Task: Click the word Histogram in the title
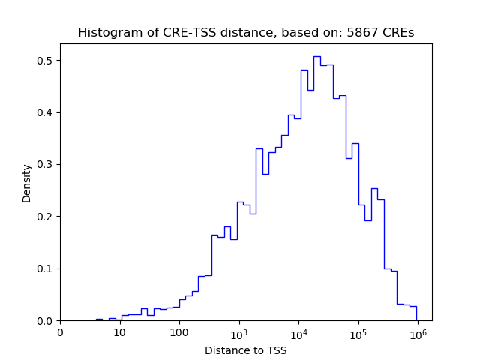pyautogui.click(x=103, y=33)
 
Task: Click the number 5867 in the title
pyautogui.click(x=360, y=33)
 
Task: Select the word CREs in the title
pyautogui.click(x=397, y=33)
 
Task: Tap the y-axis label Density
pyautogui.click(x=27, y=183)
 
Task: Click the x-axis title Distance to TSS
pyautogui.click(x=246, y=350)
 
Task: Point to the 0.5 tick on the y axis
pyautogui.click(x=46, y=61)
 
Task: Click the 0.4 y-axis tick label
pyautogui.click(x=46, y=112)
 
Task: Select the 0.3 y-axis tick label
pyautogui.click(x=46, y=165)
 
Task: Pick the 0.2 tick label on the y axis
pyautogui.click(x=46, y=217)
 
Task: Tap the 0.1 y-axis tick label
pyautogui.click(x=46, y=268)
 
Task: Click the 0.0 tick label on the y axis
pyautogui.click(x=46, y=321)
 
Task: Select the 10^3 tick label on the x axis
pyautogui.click(x=238, y=331)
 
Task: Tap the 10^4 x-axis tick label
pyautogui.click(x=298, y=331)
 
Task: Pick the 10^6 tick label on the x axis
pyautogui.click(x=418, y=331)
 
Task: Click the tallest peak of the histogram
pyautogui.click(x=317, y=57)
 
